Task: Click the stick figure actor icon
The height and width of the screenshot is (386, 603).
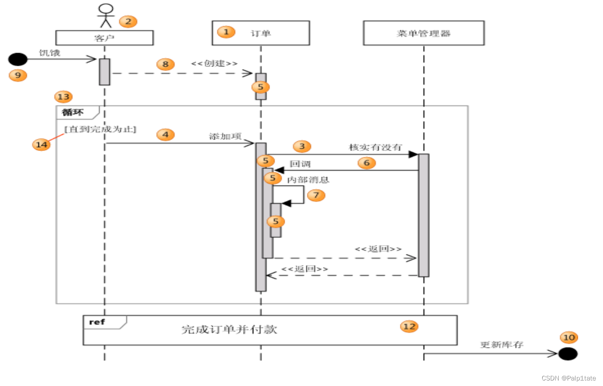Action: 106,16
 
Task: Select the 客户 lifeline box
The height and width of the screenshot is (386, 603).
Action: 104,38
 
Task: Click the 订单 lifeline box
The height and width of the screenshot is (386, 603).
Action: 260,33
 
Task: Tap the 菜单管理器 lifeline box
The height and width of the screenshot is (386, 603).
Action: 423,33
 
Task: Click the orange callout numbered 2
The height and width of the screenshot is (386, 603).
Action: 128,21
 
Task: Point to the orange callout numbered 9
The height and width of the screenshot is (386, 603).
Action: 18,75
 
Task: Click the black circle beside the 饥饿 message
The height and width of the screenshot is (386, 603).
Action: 18,59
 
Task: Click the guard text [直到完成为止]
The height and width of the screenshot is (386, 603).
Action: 101,130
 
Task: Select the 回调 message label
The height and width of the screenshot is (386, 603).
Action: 299,164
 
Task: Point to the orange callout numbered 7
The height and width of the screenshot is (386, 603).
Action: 316,195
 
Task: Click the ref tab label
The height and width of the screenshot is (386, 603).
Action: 97,322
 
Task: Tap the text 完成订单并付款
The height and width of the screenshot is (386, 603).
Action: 229,329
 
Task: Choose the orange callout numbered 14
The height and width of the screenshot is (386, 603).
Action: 41,144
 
